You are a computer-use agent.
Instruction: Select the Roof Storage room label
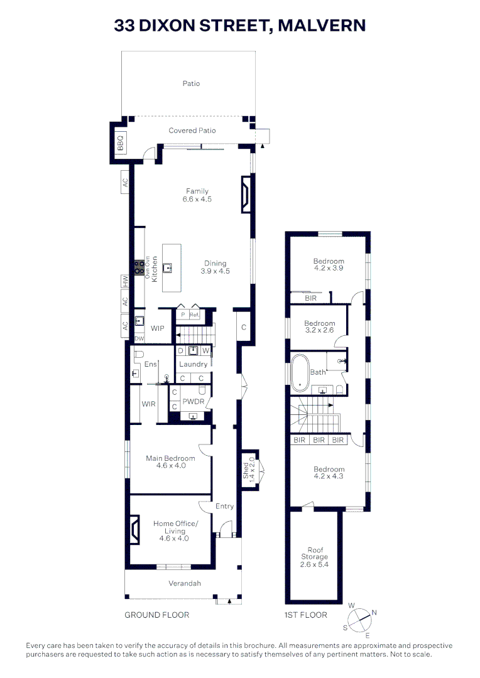pos(314,557)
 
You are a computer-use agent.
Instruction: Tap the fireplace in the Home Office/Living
pos(134,530)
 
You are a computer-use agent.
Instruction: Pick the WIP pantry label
pos(158,328)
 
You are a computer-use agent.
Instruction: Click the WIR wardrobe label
pos(148,404)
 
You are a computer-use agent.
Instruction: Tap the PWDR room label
pos(192,401)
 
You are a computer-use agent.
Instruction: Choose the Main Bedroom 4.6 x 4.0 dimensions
pos(166,466)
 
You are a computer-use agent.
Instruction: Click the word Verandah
pos(185,583)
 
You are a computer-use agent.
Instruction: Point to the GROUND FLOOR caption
pos(156,615)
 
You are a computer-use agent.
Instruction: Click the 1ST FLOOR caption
pos(305,615)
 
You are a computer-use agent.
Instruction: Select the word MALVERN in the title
pos(322,25)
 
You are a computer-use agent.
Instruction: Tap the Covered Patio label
pos(192,131)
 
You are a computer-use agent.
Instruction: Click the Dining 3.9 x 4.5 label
pos(215,267)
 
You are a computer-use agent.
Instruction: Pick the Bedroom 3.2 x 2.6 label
pos(320,328)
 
